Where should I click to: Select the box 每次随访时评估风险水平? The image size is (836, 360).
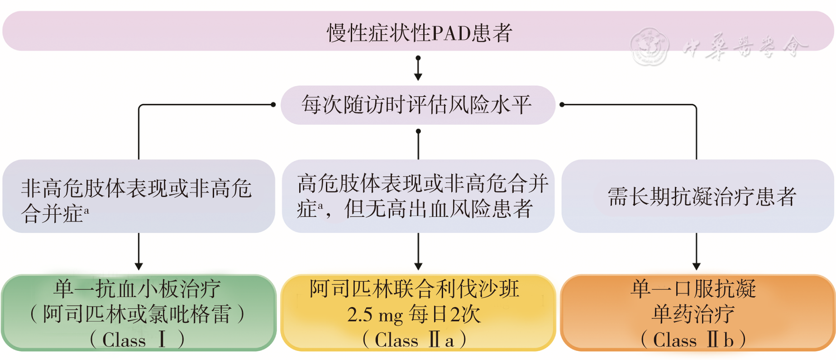coord(417,105)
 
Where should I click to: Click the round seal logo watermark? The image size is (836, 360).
coord(650,47)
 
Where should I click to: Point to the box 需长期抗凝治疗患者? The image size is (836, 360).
coord(697,196)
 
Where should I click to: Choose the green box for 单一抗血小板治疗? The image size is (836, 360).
coord(139,312)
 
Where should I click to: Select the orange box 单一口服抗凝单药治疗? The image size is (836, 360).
coord(697,312)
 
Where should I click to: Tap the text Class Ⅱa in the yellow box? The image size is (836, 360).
coord(414,340)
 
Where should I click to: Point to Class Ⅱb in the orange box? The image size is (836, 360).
coord(693,340)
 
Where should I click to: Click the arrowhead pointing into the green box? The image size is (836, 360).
coord(139,266)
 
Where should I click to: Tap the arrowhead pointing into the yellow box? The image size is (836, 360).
coord(418,266)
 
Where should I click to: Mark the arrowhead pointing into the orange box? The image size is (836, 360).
coord(696,266)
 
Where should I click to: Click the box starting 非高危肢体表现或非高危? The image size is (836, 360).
coord(139,196)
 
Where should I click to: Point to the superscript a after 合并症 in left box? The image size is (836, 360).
coord(86,210)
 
